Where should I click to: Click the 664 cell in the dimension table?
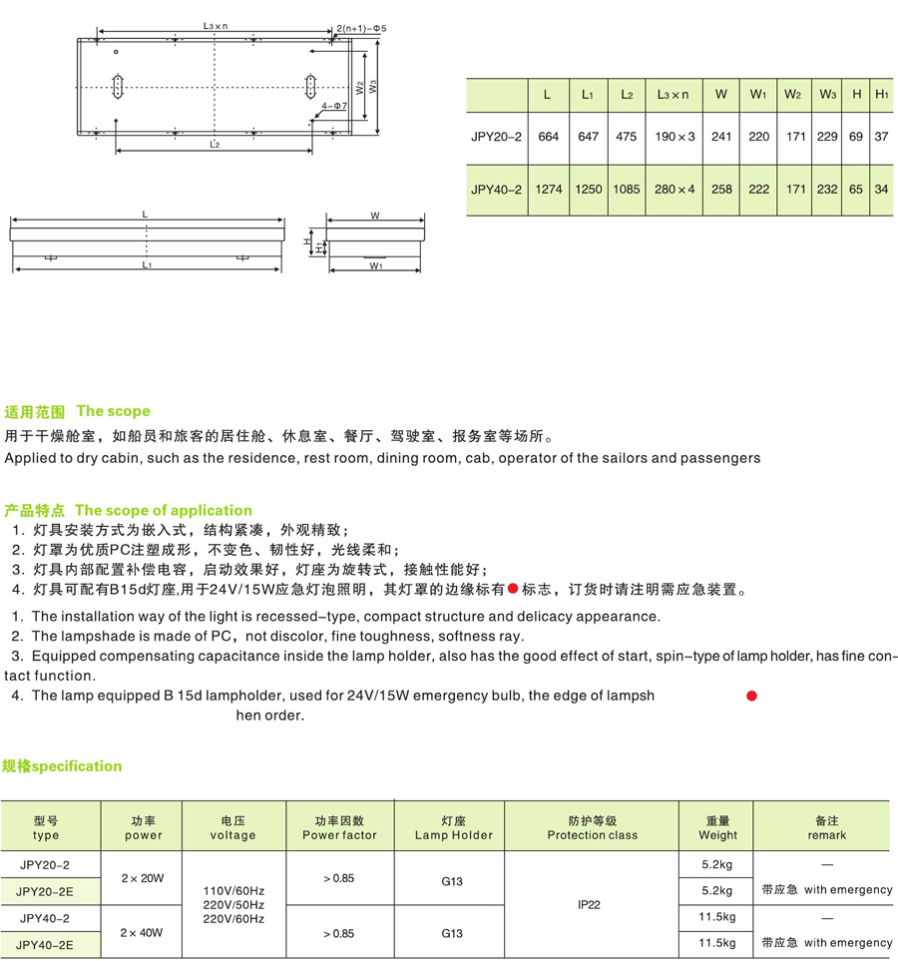(548, 137)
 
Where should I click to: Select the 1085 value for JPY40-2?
(626, 188)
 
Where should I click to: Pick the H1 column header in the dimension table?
(881, 95)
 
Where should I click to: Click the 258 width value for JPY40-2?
(721, 188)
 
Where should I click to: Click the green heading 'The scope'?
(113, 411)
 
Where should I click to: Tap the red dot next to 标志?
(513, 589)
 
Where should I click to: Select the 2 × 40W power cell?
(143, 930)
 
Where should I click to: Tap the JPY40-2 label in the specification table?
(46, 917)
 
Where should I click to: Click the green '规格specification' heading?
(62, 766)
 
